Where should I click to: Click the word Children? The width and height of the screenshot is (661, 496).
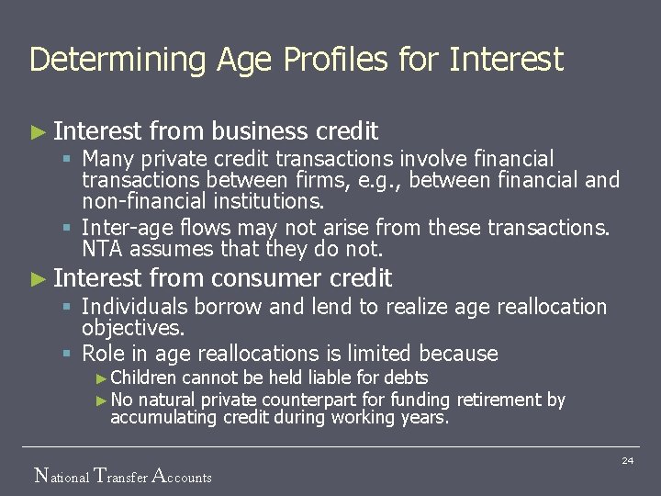coord(144,378)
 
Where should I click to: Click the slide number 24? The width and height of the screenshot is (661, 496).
coord(628,461)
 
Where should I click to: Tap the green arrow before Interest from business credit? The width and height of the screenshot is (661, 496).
coord(38,132)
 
